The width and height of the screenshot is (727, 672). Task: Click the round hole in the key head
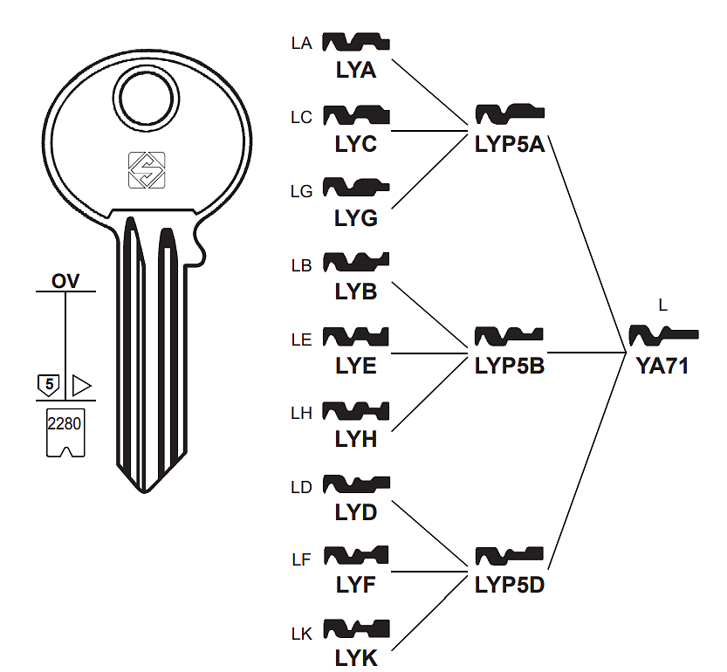tap(147, 98)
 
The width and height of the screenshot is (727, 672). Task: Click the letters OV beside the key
tap(65, 281)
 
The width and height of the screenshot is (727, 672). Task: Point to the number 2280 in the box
tap(65, 422)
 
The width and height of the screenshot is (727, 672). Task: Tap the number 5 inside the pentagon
tap(49, 384)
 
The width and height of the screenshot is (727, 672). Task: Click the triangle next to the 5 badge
tap(82, 384)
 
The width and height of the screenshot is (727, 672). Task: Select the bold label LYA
tap(356, 71)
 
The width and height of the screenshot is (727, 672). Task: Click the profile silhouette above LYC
tap(356, 115)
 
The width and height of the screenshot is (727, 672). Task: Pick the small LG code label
tap(301, 191)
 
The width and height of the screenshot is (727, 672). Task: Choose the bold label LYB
tap(356, 292)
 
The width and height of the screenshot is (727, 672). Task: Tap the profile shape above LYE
tap(356, 337)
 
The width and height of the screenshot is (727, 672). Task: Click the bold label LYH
tap(356, 440)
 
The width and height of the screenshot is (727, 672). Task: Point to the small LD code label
tap(301, 487)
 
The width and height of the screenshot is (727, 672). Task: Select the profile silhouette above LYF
tap(356, 556)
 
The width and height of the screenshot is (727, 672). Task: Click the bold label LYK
tap(356, 659)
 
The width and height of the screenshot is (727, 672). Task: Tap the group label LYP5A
tap(510, 144)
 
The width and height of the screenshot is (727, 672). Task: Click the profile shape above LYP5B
tap(510, 337)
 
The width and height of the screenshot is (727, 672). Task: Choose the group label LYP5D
tap(510, 584)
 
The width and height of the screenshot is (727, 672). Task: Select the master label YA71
tap(662, 367)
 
